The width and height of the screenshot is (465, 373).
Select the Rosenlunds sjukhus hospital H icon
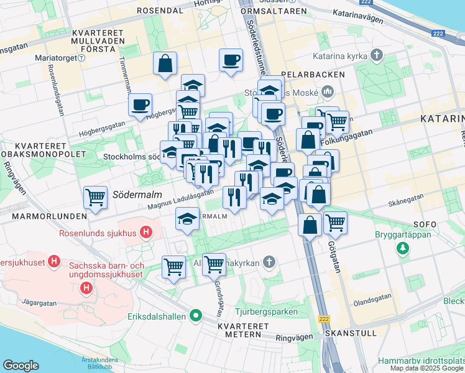click(145, 233)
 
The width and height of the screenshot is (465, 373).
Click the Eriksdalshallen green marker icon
click(196, 316)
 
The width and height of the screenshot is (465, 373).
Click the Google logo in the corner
click(21, 366)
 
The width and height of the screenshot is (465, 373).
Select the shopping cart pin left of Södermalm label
click(96, 198)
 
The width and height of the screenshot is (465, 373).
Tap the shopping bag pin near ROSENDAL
click(165, 63)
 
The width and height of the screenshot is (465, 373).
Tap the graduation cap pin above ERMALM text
click(186, 218)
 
